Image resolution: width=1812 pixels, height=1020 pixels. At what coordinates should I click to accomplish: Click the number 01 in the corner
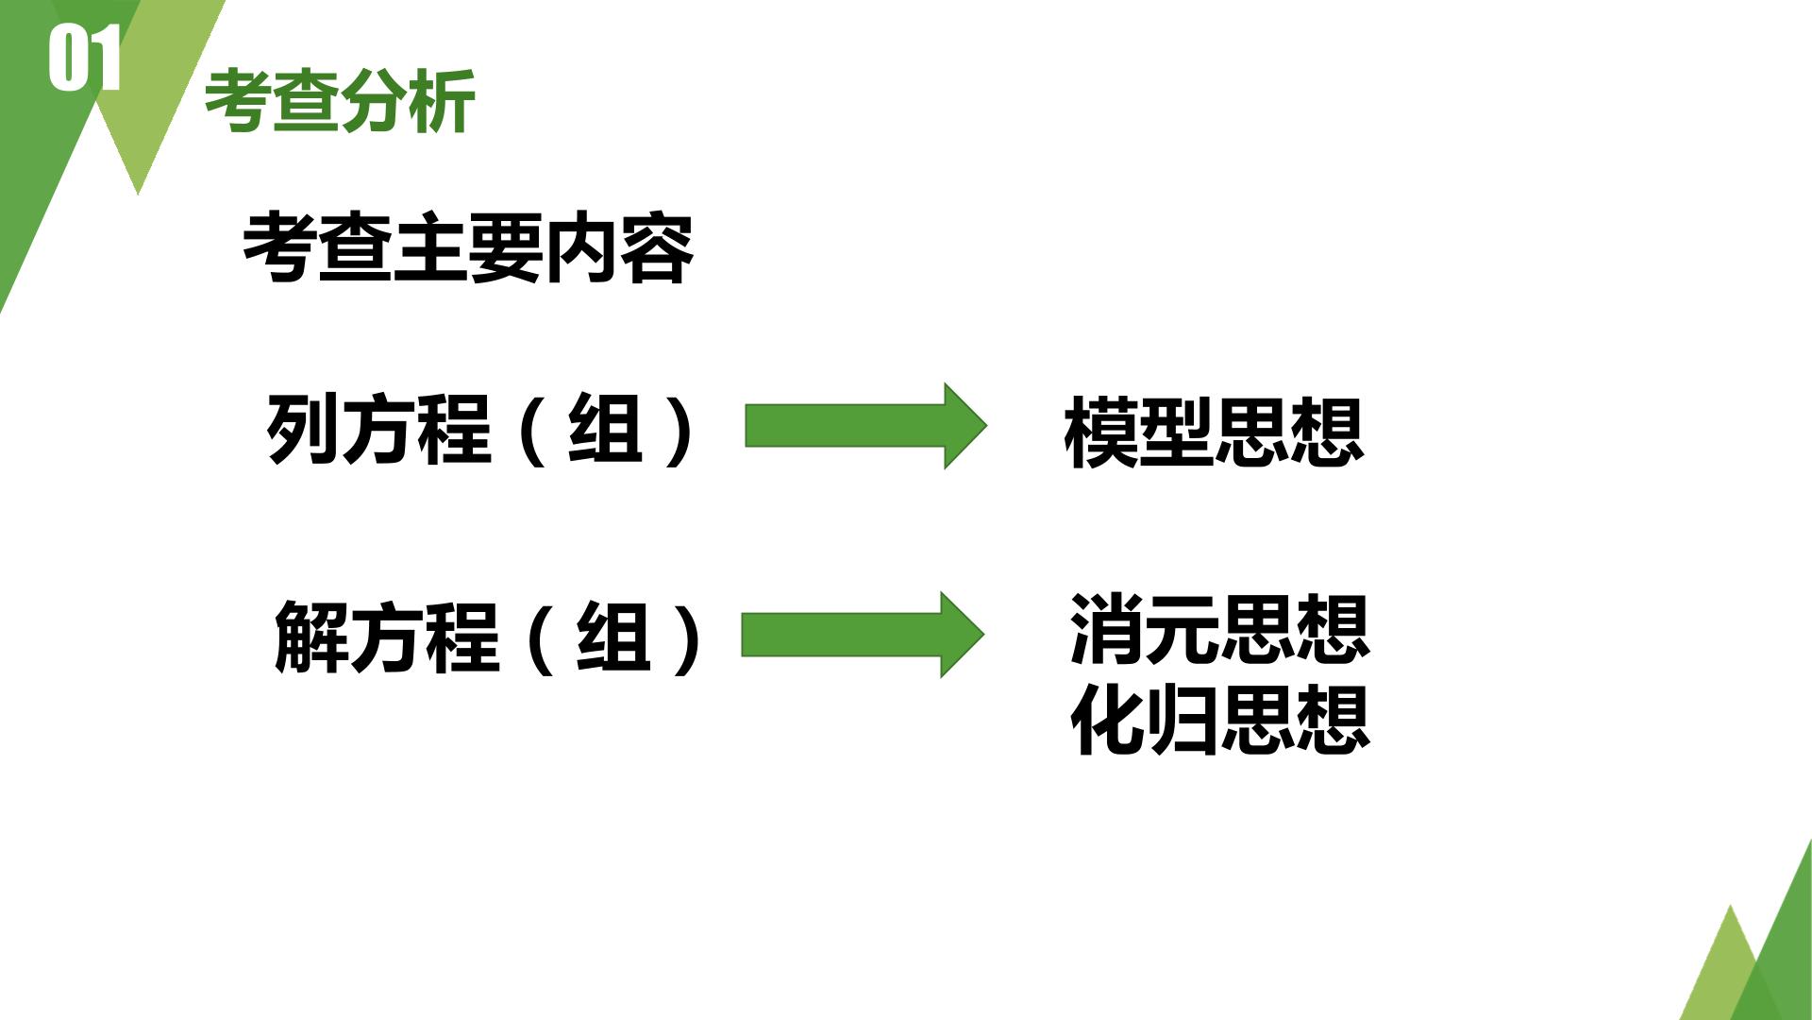(x=85, y=59)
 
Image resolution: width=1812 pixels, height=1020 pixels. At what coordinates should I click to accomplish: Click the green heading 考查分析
(x=340, y=101)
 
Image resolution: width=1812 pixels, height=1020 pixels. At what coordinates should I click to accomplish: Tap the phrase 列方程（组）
(x=481, y=430)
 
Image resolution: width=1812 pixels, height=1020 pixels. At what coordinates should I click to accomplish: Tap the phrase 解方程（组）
(x=488, y=637)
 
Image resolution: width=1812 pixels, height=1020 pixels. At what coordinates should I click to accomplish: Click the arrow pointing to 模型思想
(x=865, y=426)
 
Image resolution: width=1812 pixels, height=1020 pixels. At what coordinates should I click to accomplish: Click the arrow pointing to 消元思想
(x=863, y=635)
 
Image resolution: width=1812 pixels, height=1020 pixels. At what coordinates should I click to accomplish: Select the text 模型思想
(x=1214, y=433)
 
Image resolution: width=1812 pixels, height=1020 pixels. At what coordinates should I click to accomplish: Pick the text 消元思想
(x=1219, y=629)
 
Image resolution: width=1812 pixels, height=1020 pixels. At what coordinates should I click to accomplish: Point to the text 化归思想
(x=1219, y=720)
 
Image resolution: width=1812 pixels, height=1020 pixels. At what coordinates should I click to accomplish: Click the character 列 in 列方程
(x=303, y=430)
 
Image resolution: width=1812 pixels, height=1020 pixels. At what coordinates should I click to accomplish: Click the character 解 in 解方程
(x=310, y=637)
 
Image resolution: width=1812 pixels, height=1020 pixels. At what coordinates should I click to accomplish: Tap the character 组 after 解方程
(x=612, y=637)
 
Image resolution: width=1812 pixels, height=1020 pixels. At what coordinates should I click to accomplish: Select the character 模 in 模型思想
(x=1100, y=433)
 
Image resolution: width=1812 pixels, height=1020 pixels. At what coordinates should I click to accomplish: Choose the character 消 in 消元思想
(x=1107, y=629)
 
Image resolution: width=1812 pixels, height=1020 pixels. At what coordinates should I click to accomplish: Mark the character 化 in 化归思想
(x=1107, y=720)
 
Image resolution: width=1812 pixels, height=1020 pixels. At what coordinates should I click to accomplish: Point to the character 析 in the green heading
(x=443, y=101)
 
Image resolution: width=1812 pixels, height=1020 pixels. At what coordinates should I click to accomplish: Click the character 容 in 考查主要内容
(x=658, y=248)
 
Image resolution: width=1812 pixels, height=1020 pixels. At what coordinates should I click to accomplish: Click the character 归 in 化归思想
(x=1183, y=720)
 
